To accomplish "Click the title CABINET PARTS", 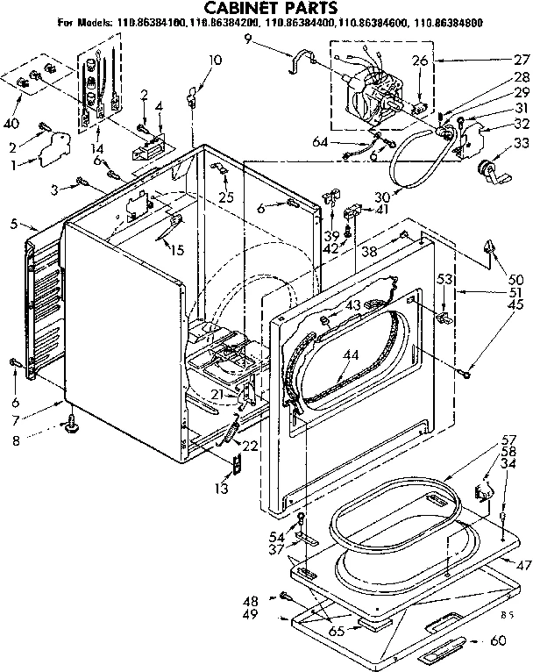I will click(263, 9).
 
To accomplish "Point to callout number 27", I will click(521, 60).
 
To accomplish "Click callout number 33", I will click(521, 143).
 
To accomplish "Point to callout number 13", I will click(224, 488).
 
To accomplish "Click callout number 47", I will click(522, 565).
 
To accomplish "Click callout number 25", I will click(226, 197).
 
